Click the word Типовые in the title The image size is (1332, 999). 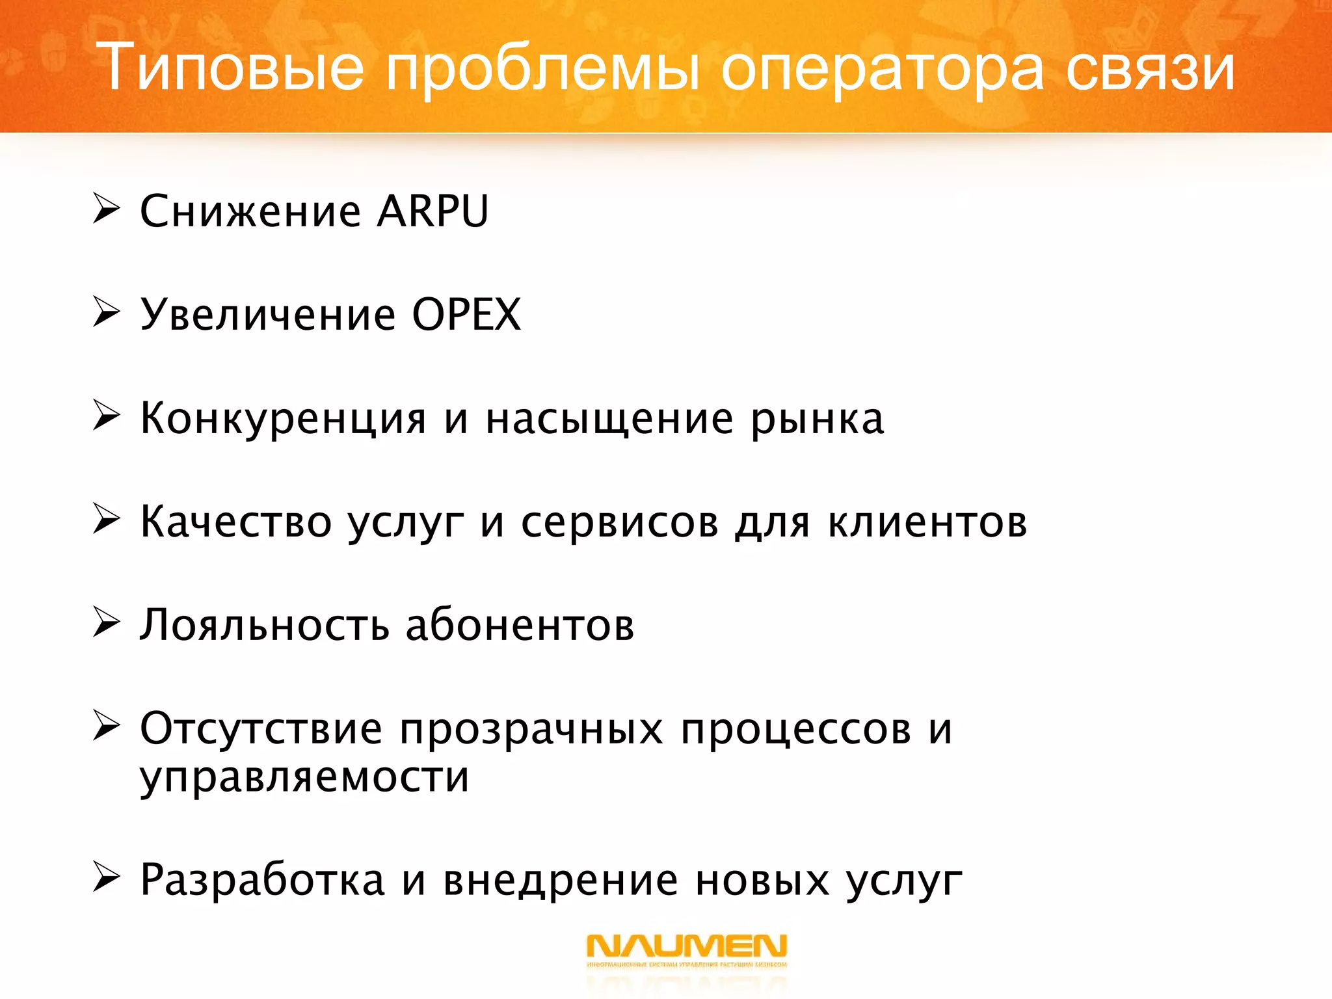230,67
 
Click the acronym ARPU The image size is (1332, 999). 433,211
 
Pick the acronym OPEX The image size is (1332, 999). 466,314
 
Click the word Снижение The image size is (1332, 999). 250,211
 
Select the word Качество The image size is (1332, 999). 235,522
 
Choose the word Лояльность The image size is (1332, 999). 264,625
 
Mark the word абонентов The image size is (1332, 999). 520,625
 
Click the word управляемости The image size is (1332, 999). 304,778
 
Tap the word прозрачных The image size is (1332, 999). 531,730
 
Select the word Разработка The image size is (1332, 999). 263,880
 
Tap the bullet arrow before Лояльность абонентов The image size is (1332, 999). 106,622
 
